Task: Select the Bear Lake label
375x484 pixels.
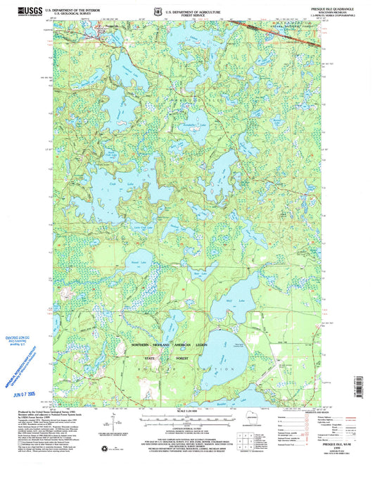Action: point(199,272)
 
